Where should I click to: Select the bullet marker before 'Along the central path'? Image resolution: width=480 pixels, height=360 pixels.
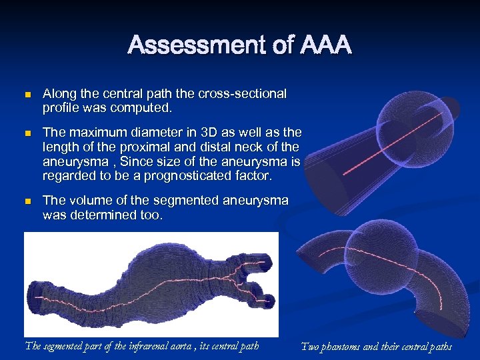[27, 95]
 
